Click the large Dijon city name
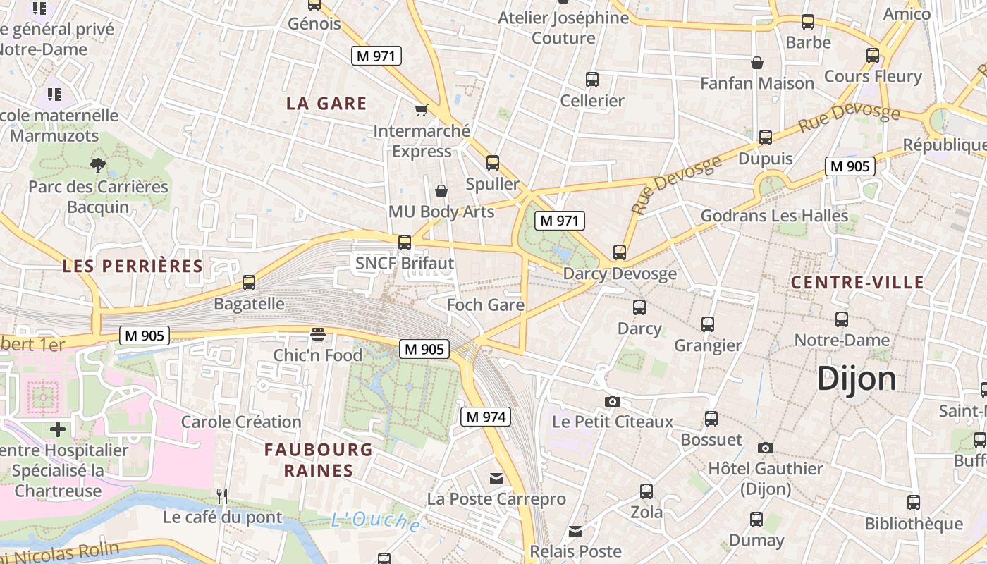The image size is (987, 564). pyautogui.click(x=857, y=379)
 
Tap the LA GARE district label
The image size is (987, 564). pyautogui.click(x=326, y=104)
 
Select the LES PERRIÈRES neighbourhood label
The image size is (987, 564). pyautogui.click(x=133, y=266)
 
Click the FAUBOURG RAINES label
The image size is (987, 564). pyautogui.click(x=319, y=460)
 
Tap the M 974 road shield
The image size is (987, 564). pyautogui.click(x=486, y=417)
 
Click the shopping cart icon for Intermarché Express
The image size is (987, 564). pyautogui.click(x=422, y=110)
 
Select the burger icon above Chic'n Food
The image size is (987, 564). pyautogui.click(x=318, y=333)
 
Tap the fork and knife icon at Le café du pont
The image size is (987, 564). pyautogui.click(x=222, y=496)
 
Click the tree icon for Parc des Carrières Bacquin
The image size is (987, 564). pyautogui.click(x=98, y=166)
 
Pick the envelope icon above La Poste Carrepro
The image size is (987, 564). pyautogui.click(x=496, y=479)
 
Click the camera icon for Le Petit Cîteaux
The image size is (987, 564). pyautogui.click(x=613, y=401)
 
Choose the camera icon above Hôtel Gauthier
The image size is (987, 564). pyautogui.click(x=765, y=448)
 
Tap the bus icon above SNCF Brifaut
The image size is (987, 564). pyautogui.click(x=405, y=242)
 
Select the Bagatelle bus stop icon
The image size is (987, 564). pyautogui.click(x=249, y=283)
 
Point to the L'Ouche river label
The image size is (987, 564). pyautogui.click(x=376, y=521)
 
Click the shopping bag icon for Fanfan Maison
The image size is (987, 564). pyautogui.click(x=757, y=63)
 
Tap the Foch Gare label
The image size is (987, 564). pyautogui.click(x=486, y=305)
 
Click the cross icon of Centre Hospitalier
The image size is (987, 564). pyautogui.click(x=58, y=429)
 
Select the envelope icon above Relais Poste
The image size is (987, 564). pyautogui.click(x=575, y=531)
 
